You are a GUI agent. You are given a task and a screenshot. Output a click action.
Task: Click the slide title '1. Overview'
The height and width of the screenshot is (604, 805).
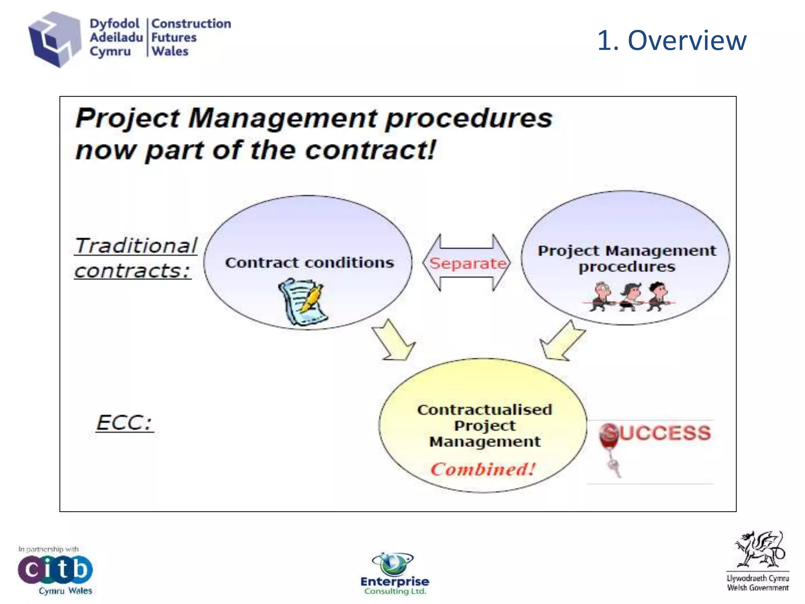[x=671, y=40]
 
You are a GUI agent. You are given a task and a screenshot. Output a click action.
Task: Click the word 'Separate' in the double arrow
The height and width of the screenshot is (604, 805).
[x=467, y=263]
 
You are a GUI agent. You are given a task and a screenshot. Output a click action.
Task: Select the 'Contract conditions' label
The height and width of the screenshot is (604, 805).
[x=309, y=262]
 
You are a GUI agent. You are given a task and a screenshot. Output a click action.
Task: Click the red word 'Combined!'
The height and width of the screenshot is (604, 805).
[x=483, y=469]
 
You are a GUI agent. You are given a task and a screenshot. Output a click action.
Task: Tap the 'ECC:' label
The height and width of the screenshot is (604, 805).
[x=124, y=423]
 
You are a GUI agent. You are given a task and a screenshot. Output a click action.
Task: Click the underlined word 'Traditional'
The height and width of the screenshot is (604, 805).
[x=136, y=246]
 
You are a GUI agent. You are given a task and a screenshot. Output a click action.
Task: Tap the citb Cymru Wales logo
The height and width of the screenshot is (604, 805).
[x=55, y=570]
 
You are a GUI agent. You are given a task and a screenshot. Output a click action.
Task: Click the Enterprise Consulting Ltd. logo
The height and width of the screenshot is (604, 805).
[x=394, y=574]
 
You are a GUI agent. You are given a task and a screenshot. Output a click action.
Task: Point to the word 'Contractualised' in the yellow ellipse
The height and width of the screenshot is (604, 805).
[x=485, y=410]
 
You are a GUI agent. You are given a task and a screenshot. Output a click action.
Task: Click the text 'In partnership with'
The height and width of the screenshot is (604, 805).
[x=48, y=549]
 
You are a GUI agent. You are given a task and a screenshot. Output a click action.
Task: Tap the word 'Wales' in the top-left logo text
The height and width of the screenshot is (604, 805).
[x=170, y=52]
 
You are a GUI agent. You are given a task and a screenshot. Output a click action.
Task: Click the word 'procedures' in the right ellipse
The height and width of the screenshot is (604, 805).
[x=627, y=267]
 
